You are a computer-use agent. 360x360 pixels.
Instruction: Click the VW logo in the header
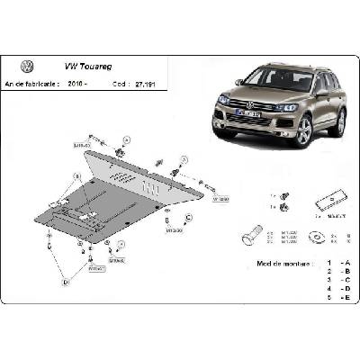[x=28, y=67]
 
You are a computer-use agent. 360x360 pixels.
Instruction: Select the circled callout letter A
[x=126, y=140]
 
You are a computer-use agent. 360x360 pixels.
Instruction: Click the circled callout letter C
[x=188, y=218]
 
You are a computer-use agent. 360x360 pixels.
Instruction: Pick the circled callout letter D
[x=66, y=283]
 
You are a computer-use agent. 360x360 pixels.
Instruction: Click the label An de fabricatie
[x=34, y=84]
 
